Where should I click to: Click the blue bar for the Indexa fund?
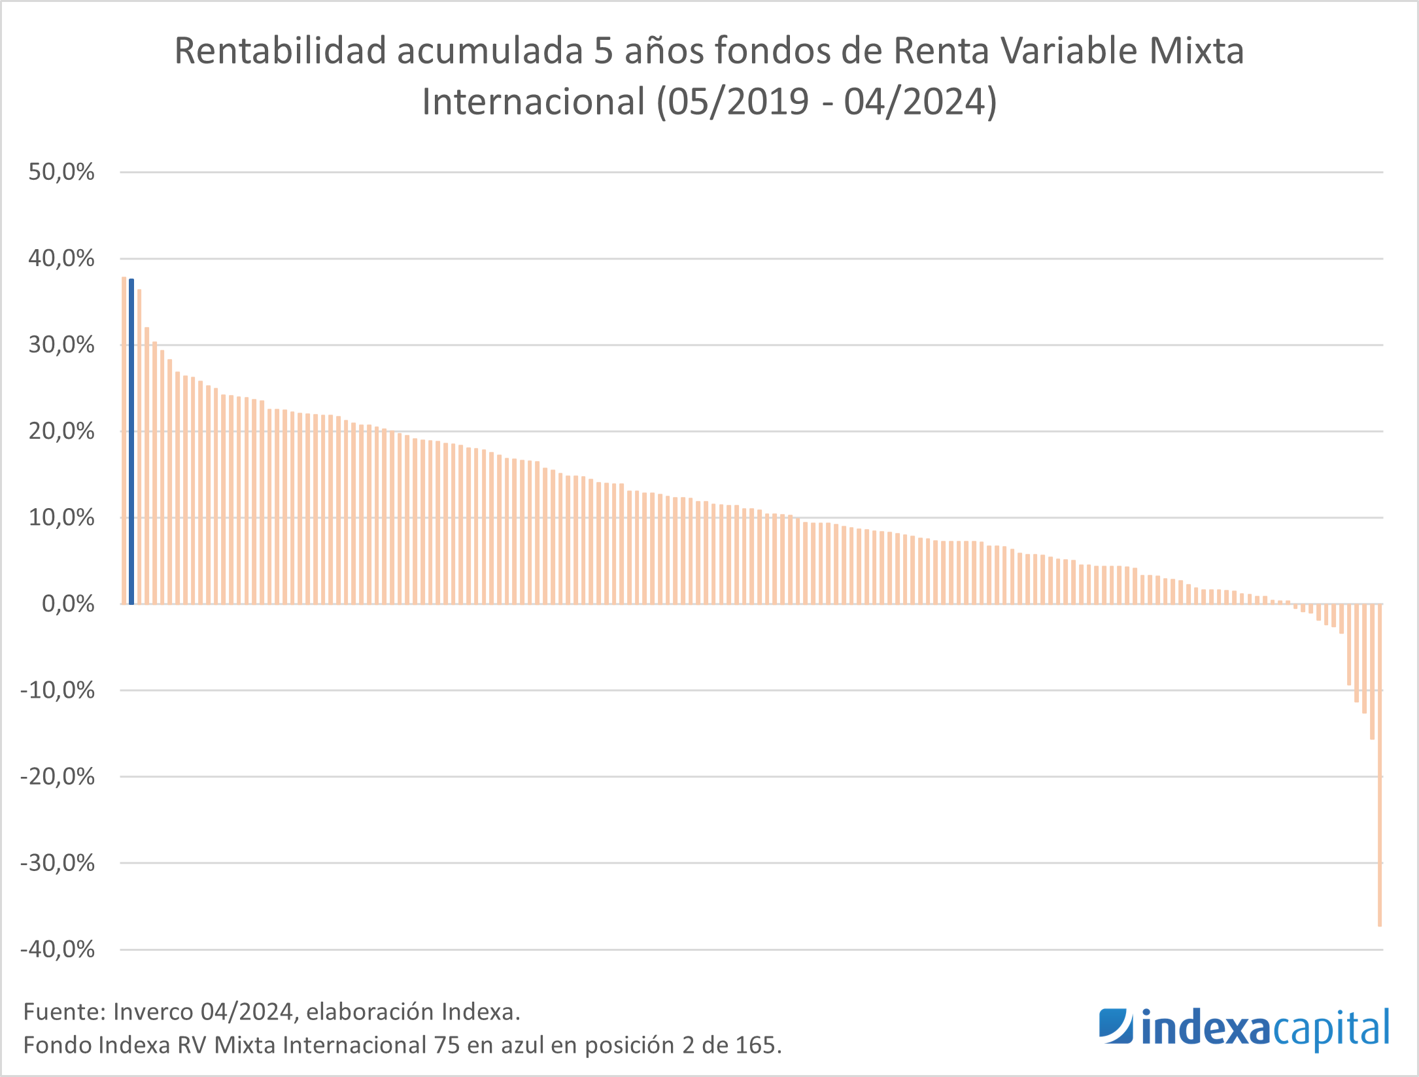131,441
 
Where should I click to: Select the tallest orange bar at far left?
124,440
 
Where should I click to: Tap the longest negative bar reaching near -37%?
1380,765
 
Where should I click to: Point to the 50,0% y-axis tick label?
61,172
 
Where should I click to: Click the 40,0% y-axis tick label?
61,258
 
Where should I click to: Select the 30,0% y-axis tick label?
61,345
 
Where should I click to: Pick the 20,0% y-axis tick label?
61,431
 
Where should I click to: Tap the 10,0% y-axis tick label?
61,517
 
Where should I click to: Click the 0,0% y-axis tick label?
68,604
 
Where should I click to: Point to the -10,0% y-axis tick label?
58,690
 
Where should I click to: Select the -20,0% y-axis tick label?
58,776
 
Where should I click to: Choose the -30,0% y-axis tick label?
58,863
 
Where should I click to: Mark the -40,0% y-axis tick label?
58,949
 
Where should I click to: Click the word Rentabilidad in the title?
280,51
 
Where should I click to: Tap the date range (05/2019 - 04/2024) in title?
827,102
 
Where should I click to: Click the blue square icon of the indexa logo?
1116,1026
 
